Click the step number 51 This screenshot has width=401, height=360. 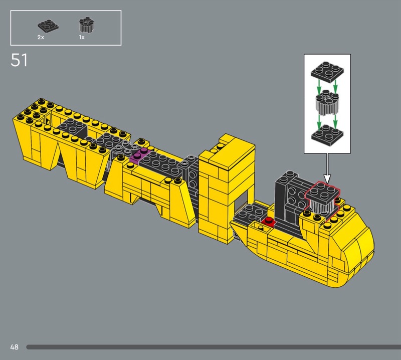19,60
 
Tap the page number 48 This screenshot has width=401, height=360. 15,347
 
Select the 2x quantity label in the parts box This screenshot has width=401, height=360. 41,38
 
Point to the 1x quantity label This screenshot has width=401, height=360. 82,38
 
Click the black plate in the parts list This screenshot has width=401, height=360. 48,26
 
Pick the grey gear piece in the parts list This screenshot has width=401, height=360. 86,25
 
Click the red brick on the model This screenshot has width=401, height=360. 268,222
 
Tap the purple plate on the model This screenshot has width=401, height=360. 139,154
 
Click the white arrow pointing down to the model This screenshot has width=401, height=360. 327,168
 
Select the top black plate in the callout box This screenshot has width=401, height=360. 327,70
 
